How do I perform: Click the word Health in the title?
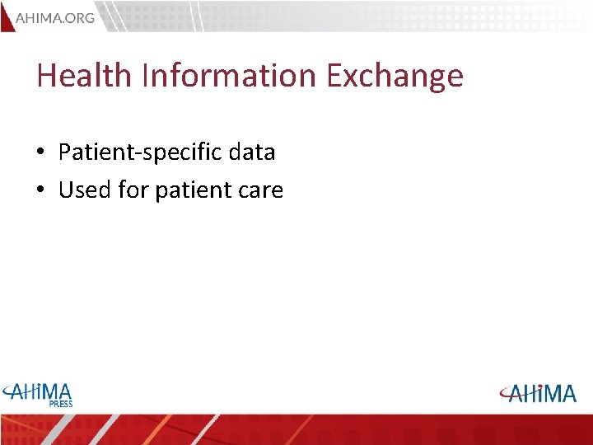[x=84, y=76]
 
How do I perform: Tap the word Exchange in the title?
[x=395, y=76]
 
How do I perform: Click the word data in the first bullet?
[x=252, y=152]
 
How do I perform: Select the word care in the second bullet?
[x=261, y=191]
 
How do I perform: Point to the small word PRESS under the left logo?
[x=60, y=404]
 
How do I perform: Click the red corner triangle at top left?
[x=6, y=15]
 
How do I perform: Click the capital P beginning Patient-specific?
[x=65, y=152]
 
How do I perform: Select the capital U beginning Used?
[x=67, y=190]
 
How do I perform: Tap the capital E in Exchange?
[x=335, y=76]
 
